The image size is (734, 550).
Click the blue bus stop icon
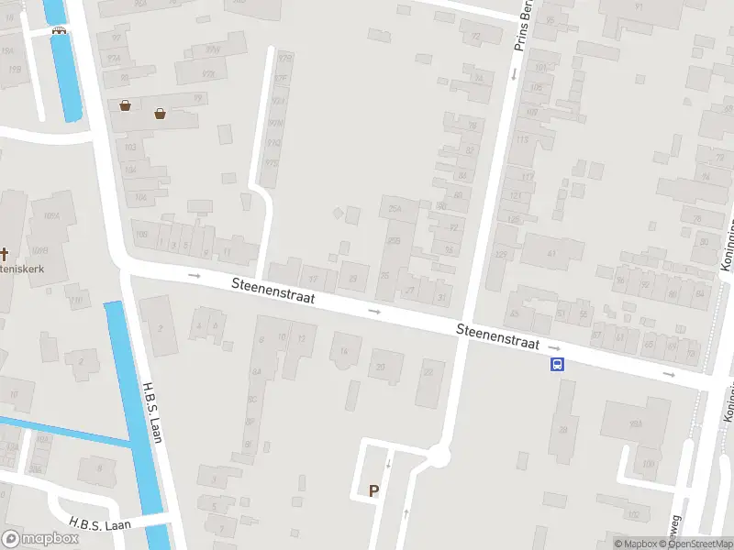pos(556,364)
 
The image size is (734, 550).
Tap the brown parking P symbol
pos(373,491)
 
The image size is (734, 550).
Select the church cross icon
pos(5,253)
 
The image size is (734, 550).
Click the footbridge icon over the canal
pos(60,29)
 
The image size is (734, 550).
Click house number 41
pos(551,252)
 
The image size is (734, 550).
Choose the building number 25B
pos(395,240)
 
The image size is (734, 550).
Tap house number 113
pos(523,139)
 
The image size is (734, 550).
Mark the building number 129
pos(501,254)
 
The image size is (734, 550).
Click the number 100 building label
pos(649,465)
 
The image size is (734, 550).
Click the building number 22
pos(428,373)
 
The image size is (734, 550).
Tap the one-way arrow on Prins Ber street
pos(513,73)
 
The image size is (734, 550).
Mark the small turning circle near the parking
pos(439,454)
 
